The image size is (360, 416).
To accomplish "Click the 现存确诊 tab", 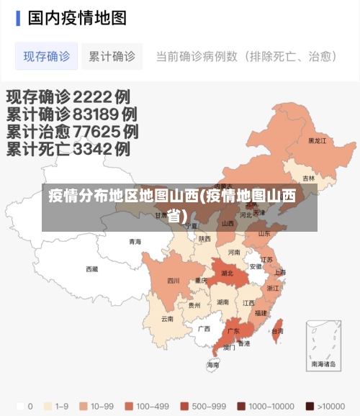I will click(46, 56).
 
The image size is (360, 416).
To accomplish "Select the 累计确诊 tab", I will click(112, 56).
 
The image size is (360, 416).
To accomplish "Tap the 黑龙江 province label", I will click(317, 141).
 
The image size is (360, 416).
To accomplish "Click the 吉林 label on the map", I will click(308, 178).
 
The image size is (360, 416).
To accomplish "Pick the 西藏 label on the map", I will click(92, 269).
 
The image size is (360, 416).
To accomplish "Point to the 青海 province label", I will click(135, 242).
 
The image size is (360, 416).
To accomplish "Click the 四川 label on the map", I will click(174, 281).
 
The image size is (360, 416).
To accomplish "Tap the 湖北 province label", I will click(227, 273).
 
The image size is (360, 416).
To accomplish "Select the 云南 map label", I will click(167, 318).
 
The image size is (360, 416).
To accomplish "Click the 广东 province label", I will click(233, 332).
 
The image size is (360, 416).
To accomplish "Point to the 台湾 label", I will click(277, 331).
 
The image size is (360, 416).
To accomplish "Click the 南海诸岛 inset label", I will click(323, 365).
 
